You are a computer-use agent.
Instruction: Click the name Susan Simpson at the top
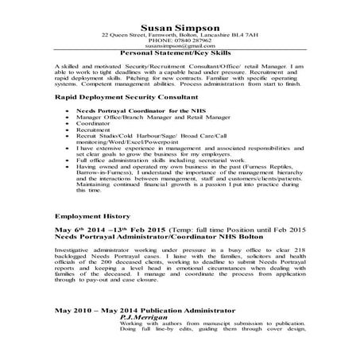coord(179,27)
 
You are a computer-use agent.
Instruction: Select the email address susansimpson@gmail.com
coord(179,47)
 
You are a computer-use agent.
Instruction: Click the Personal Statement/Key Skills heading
coord(179,53)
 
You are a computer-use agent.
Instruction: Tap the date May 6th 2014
coord(78,229)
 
